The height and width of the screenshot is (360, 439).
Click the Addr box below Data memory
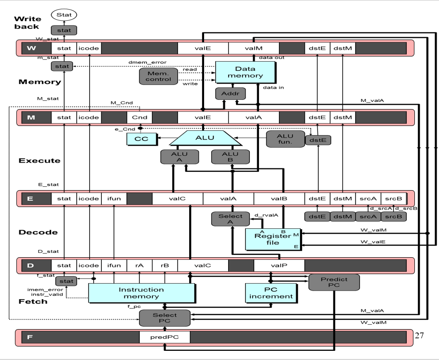[x=227, y=94]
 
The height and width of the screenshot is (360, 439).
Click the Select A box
[x=231, y=219]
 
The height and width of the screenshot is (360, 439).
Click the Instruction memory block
[x=142, y=293]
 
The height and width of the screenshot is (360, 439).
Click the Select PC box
[x=165, y=318]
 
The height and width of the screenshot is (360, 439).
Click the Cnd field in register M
[x=139, y=117]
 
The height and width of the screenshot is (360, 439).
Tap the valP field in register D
[x=279, y=265]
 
